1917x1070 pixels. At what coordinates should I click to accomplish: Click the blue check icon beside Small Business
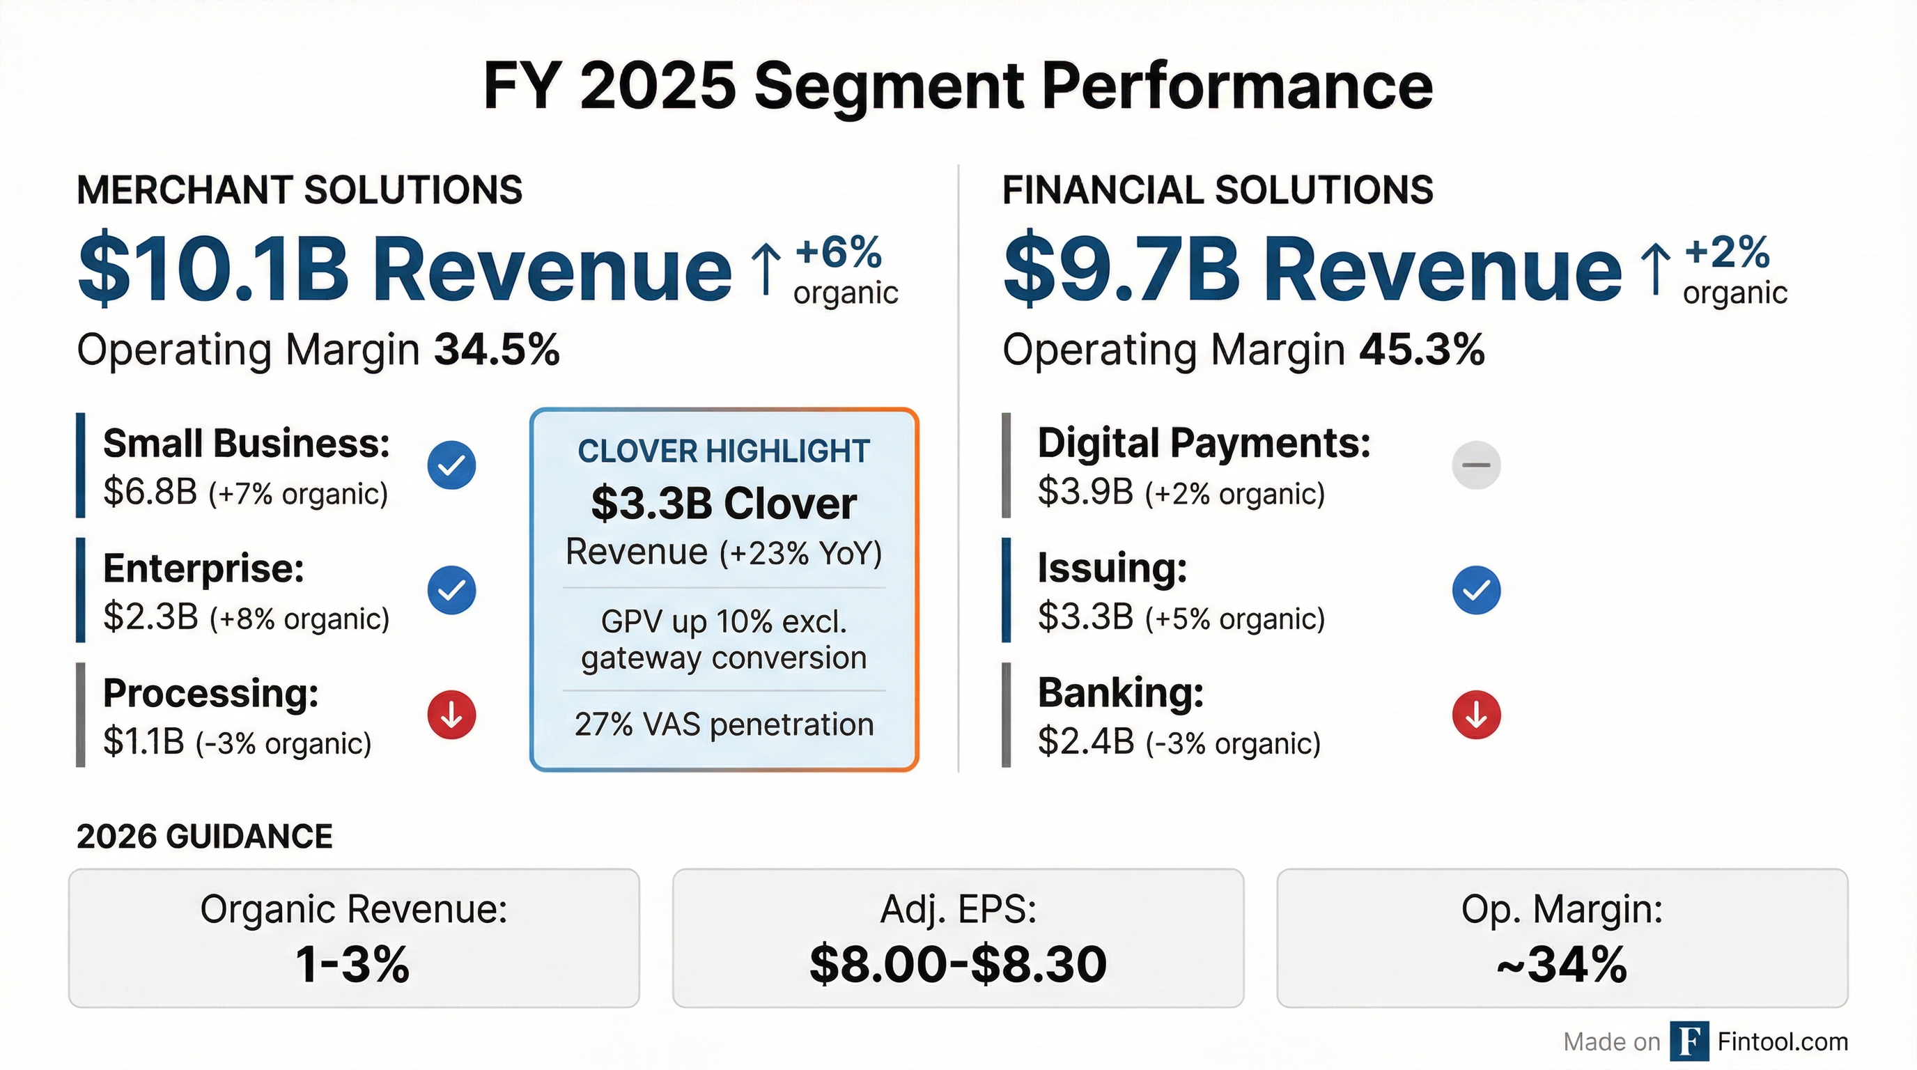click(451, 465)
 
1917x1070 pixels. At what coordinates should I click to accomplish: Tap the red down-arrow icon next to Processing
click(451, 715)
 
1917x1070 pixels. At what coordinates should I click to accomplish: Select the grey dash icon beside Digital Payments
click(1475, 465)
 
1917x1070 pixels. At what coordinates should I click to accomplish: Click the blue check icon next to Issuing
click(1475, 590)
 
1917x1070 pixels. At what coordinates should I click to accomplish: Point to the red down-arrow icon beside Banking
click(1475, 715)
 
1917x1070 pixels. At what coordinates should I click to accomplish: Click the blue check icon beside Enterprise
click(451, 590)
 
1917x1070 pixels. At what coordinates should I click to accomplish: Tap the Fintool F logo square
click(1689, 1041)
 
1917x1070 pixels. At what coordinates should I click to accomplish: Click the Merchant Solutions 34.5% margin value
click(497, 350)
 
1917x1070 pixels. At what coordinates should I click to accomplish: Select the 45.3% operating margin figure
click(1421, 350)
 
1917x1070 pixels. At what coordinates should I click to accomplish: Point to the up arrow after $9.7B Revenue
click(1655, 270)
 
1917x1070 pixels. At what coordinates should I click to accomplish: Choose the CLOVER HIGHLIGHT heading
click(723, 451)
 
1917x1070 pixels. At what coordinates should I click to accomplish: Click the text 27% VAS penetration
click(723, 724)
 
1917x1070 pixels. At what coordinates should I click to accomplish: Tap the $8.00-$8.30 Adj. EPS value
click(958, 964)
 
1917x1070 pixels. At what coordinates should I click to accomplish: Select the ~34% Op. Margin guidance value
click(1561, 964)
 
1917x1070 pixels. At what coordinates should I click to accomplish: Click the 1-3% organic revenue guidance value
click(352, 964)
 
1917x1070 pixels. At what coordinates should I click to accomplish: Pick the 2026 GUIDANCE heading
click(205, 837)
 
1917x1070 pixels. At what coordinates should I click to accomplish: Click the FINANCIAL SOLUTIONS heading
click(1218, 189)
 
